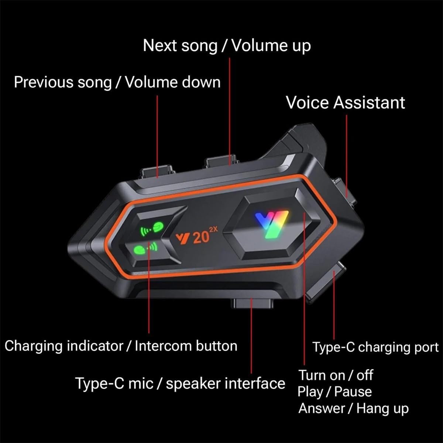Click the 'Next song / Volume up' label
227,46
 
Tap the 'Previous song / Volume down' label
117,82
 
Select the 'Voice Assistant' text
345,103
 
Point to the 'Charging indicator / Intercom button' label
121,346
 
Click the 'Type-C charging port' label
375,347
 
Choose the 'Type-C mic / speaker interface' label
180,384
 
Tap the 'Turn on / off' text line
335,375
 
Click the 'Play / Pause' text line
334,392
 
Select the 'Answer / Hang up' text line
353,408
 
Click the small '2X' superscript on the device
213,230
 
